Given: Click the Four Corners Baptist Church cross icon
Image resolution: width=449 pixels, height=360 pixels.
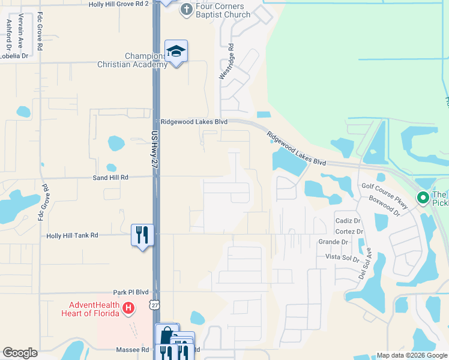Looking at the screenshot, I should point(187,9).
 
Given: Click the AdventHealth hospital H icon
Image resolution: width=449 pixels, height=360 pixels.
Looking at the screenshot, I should point(127,309).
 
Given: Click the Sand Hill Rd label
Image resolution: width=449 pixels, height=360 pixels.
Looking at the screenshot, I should point(110,178).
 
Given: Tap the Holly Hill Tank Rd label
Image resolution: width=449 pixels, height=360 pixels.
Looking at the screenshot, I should point(72,236).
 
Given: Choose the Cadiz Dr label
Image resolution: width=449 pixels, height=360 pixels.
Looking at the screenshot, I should point(348,221).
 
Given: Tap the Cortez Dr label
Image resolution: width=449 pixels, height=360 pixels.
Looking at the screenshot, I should point(349,231).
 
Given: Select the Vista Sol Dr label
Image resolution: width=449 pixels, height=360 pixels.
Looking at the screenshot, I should point(342,257).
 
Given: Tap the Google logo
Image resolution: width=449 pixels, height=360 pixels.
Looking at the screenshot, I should point(20,353).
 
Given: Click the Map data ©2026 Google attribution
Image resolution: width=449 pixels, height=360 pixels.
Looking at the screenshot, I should point(412,355).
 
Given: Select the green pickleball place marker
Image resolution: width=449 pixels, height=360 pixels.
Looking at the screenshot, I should point(423,197).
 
